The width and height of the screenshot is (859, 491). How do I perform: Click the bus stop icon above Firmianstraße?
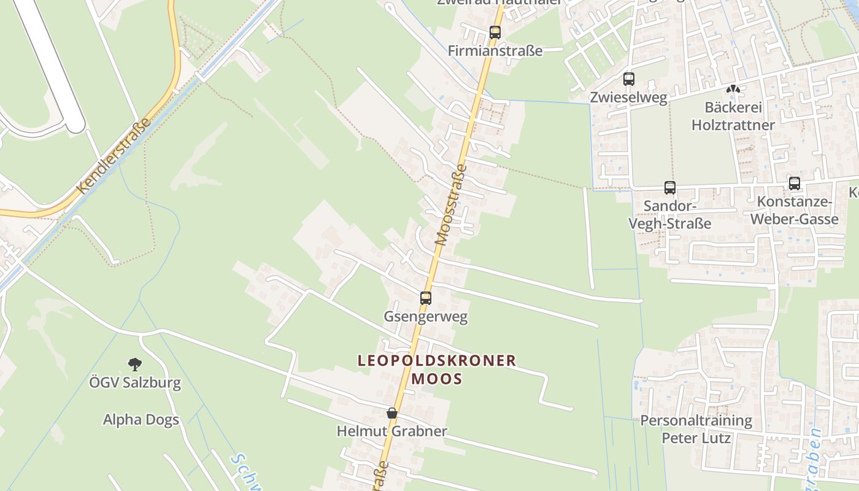(x=495, y=33)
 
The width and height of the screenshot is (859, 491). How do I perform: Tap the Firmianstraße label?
(x=495, y=51)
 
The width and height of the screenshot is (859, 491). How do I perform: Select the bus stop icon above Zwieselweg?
(x=628, y=79)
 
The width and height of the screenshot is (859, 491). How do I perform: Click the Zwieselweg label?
(x=628, y=98)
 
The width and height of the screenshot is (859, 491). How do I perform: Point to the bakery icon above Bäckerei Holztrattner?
(x=733, y=90)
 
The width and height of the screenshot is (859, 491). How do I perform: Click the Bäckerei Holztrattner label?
(x=733, y=116)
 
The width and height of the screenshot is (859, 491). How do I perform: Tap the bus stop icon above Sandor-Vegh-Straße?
(x=670, y=188)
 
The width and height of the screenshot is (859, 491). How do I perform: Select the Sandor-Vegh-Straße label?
(x=670, y=214)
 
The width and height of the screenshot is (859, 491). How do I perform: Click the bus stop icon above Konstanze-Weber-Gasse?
(x=795, y=183)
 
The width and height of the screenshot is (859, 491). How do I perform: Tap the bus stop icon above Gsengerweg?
(x=426, y=298)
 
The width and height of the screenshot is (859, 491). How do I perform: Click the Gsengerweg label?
(x=426, y=317)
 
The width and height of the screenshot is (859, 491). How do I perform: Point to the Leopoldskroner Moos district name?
(x=437, y=369)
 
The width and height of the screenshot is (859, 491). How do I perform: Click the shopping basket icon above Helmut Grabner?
(x=392, y=413)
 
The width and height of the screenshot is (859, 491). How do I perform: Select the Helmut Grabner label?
(x=392, y=431)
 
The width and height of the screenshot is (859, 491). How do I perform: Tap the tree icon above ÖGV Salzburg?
(x=135, y=365)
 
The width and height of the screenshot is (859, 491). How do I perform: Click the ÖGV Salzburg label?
(x=135, y=383)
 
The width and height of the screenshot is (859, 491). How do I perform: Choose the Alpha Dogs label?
(x=141, y=420)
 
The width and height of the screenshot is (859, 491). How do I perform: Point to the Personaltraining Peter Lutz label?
(x=696, y=429)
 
